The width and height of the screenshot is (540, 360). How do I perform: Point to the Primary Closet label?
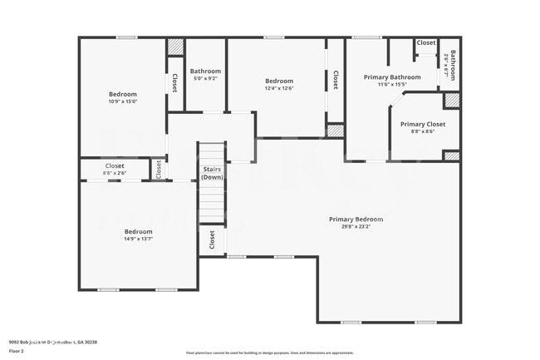(x=417, y=124)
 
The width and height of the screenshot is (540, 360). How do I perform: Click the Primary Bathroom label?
(x=392, y=77)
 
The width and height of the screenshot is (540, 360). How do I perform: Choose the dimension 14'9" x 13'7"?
(x=138, y=239)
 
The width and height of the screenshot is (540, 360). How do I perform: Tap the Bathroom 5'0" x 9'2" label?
(x=205, y=72)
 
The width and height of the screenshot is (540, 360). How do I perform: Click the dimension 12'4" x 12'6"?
(x=279, y=88)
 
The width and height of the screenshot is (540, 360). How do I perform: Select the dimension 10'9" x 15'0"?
(x=122, y=101)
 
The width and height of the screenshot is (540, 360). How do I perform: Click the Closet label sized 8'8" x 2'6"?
(x=115, y=166)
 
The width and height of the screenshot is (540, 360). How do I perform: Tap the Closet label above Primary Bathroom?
(x=426, y=42)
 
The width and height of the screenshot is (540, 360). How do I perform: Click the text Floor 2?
(x=17, y=352)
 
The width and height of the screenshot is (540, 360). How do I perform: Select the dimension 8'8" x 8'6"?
(x=417, y=131)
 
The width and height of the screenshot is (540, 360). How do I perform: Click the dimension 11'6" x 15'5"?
(x=392, y=85)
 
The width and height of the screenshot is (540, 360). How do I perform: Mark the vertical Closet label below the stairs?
(x=212, y=239)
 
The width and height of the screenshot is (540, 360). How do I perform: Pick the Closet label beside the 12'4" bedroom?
(x=336, y=80)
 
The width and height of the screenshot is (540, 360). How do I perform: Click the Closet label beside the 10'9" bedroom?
(x=174, y=83)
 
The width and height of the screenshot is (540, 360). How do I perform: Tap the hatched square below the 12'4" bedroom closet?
(x=335, y=131)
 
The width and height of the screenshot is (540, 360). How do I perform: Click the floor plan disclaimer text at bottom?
(x=271, y=353)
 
